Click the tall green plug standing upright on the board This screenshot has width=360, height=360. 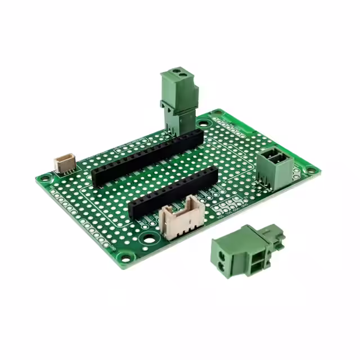click(178, 101)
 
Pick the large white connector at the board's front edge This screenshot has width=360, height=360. click(179, 220)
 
